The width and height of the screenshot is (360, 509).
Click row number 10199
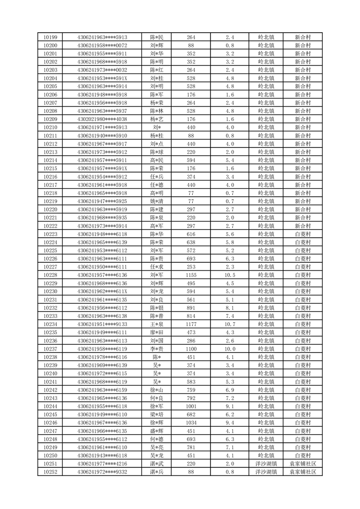[x=50, y=37]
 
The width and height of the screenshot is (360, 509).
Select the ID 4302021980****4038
[x=102, y=119]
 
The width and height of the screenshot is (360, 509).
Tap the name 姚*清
[x=156, y=201]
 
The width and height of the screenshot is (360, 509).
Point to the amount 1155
[x=191, y=275]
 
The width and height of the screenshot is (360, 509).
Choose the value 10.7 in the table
[x=230, y=324]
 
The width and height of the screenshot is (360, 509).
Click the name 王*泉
[x=156, y=324]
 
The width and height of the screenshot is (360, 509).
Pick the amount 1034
[x=191, y=423]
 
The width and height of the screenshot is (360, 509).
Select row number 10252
[x=50, y=472]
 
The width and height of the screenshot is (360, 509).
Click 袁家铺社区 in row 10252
[x=302, y=472]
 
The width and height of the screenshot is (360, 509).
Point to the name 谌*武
[x=156, y=464]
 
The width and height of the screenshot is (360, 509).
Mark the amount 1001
[x=191, y=406]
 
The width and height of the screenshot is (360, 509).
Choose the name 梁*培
[x=156, y=415]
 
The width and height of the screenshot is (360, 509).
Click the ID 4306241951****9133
[x=102, y=324]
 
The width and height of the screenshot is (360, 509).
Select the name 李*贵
[x=156, y=349]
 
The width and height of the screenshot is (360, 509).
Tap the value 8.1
[x=230, y=308]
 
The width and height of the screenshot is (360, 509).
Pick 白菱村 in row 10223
[x=302, y=234]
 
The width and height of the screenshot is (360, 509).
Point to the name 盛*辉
[x=156, y=431]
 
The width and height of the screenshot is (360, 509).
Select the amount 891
[x=191, y=308]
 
